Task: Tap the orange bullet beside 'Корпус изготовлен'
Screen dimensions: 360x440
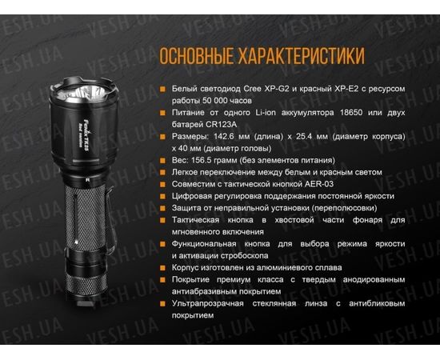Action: [163, 267]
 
